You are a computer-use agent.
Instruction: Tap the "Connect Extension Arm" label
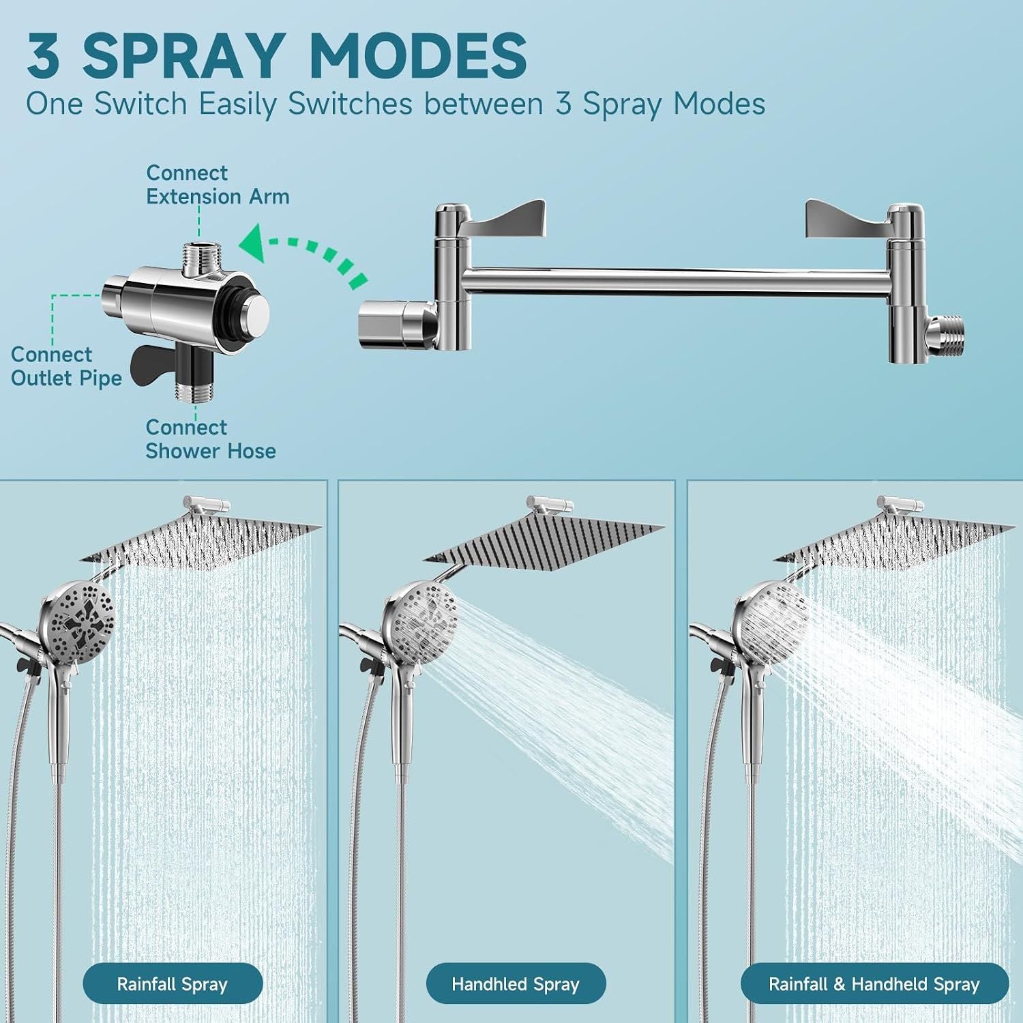pyautogui.click(x=218, y=185)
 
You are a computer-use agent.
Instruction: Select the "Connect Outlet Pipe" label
pyautogui.click(x=66, y=366)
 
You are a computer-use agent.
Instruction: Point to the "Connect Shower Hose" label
pyautogui.click(x=211, y=439)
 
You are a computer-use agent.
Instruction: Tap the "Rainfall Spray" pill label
pyautogui.click(x=173, y=984)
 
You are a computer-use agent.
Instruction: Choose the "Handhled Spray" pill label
pyautogui.click(x=516, y=984)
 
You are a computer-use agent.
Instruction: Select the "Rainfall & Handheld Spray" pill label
pyautogui.click(x=874, y=984)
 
